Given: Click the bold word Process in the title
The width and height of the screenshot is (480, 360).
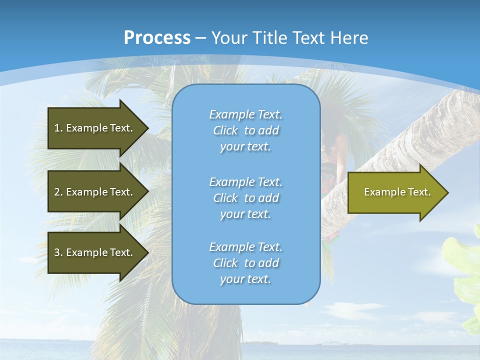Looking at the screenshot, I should (157, 37).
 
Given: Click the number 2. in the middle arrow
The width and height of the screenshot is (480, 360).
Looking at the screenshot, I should (58, 192).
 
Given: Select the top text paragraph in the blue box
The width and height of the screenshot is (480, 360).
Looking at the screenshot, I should (245, 130).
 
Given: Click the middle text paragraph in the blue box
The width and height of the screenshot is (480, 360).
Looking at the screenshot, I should (245, 198).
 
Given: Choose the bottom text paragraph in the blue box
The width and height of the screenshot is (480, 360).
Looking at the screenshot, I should (245, 263).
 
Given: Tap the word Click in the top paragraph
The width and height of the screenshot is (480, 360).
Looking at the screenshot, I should (225, 130).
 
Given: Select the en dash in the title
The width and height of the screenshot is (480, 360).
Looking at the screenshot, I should (200, 38).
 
